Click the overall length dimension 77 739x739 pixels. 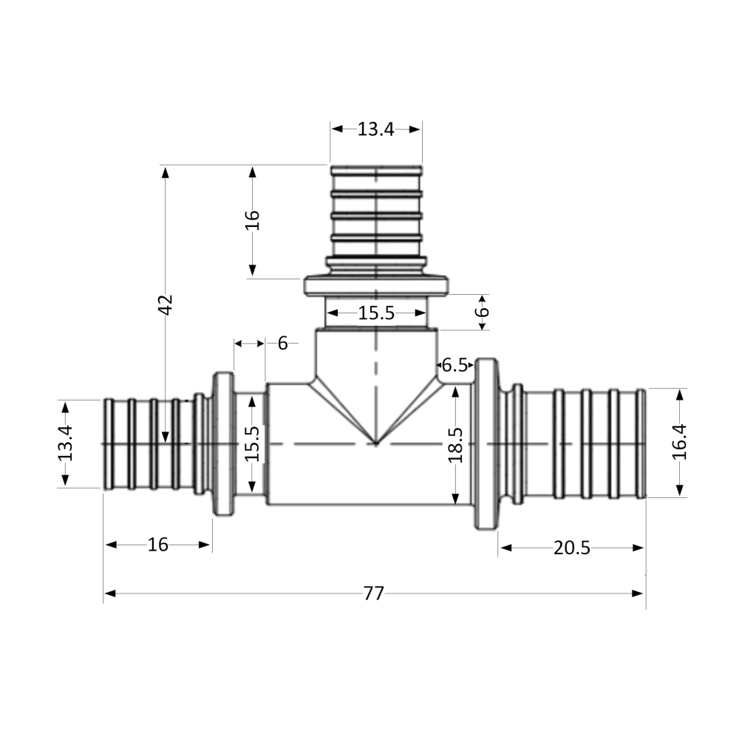(374, 593)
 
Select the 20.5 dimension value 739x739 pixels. (571, 548)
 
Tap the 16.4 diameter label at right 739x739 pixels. (679, 442)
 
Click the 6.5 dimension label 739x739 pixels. (454, 364)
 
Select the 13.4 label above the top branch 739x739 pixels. (376, 129)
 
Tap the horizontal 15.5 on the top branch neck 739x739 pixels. (376, 313)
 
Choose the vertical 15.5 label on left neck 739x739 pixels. (252, 443)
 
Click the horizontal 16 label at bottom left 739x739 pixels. (158, 545)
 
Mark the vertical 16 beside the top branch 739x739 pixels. (253, 220)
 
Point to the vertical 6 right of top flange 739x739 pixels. (482, 311)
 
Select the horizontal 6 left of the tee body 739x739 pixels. (282, 343)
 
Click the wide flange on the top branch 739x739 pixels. (376, 285)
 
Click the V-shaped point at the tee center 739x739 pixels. (376, 443)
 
